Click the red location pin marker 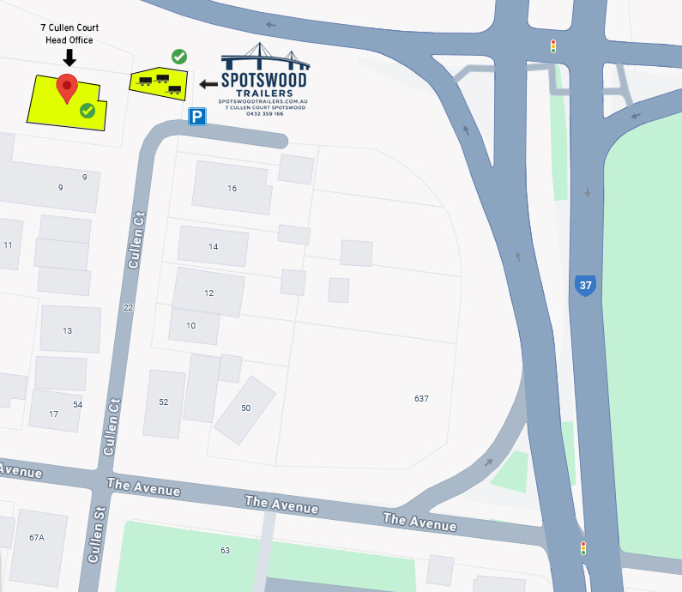tap(67, 88)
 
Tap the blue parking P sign tap(197, 116)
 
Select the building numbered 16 tap(232, 188)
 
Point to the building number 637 tap(421, 399)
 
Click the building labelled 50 tap(245, 408)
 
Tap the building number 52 tap(164, 402)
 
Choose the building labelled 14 tap(214, 246)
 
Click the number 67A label tap(37, 538)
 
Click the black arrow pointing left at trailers tap(208, 83)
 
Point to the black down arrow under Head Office tap(70, 57)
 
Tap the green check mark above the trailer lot tap(179, 57)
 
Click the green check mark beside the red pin tap(87, 110)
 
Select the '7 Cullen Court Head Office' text tap(69, 33)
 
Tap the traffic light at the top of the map tap(553, 45)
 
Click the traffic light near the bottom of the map tap(583, 547)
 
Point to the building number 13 tap(68, 331)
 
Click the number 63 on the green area tap(226, 550)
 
